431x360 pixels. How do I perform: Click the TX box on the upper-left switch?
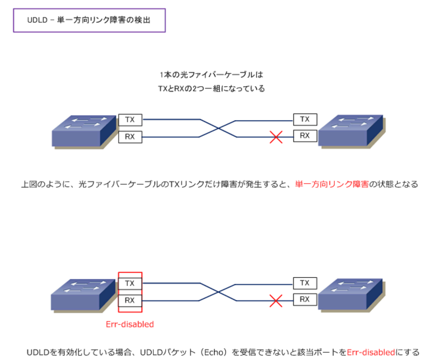[x=130, y=120]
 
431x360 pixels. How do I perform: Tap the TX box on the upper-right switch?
[x=305, y=119]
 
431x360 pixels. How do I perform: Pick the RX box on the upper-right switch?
[x=305, y=136]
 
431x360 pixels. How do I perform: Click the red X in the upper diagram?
[x=276, y=137]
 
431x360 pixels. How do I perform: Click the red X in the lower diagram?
[x=276, y=301]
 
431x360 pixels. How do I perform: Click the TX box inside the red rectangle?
[x=130, y=283]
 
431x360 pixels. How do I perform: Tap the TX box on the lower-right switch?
[x=305, y=283]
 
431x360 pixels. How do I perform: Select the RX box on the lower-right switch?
[x=305, y=299]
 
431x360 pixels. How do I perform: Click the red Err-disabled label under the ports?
[x=130, y=325]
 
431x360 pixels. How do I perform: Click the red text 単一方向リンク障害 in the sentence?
[x=332, y=184]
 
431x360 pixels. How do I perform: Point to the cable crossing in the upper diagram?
[x=218, y=129]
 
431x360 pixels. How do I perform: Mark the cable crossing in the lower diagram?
[x=218, y=292]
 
